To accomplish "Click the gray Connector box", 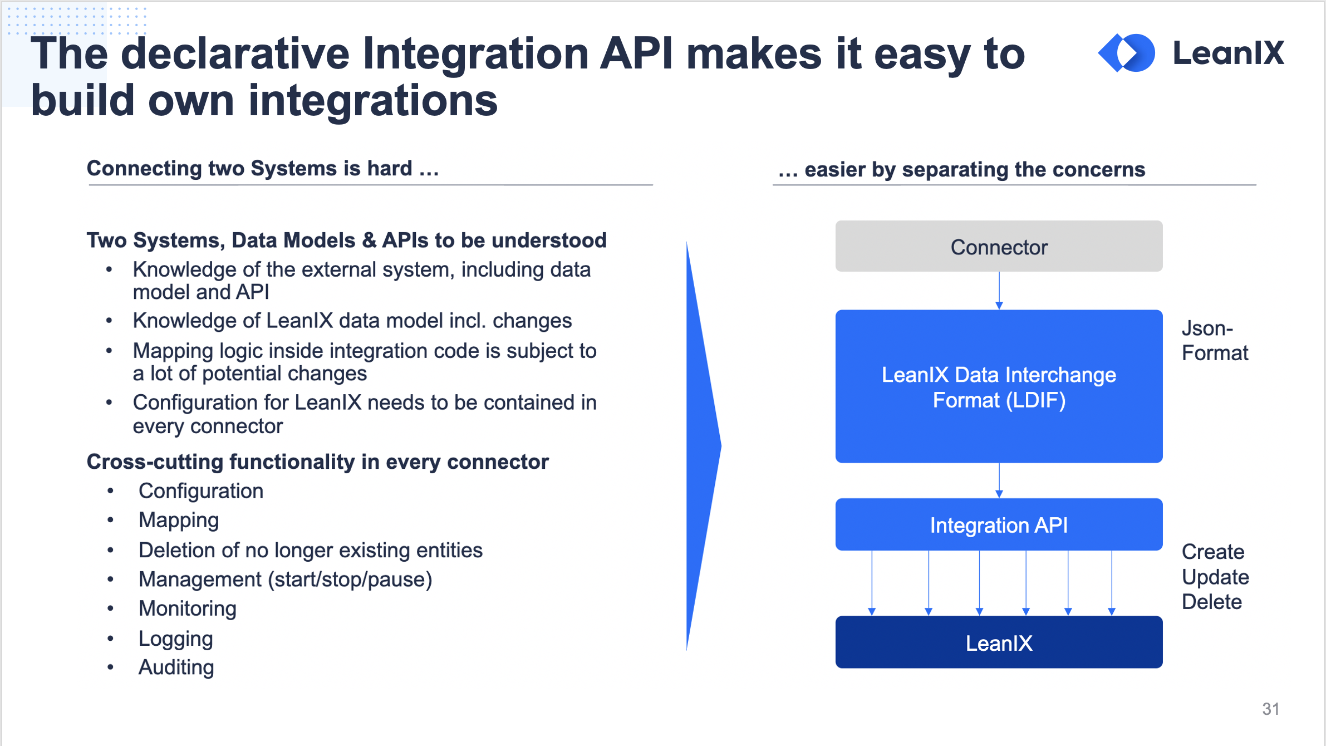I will point(999,246).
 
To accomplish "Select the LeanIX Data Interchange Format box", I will point(999,386).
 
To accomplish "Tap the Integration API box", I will point(999,524).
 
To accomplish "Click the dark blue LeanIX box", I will point(999,642).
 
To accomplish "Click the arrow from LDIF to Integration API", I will point(999,480).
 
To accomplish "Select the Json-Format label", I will point(1214,341).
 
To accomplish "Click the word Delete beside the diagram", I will point(1211,602).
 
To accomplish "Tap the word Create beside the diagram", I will point(1212,552).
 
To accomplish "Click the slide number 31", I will point(1270,709).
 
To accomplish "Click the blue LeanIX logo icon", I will point(1126,53).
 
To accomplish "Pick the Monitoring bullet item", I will point(187,608).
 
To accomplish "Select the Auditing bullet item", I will point(176,667).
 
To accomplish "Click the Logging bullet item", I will point(175,638).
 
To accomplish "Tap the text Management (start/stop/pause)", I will point(285,580).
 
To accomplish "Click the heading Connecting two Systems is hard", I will point(263,168).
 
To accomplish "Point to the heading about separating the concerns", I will point(961,169).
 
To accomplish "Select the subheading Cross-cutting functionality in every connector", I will point(317,462).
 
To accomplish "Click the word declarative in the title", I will point(235,55).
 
